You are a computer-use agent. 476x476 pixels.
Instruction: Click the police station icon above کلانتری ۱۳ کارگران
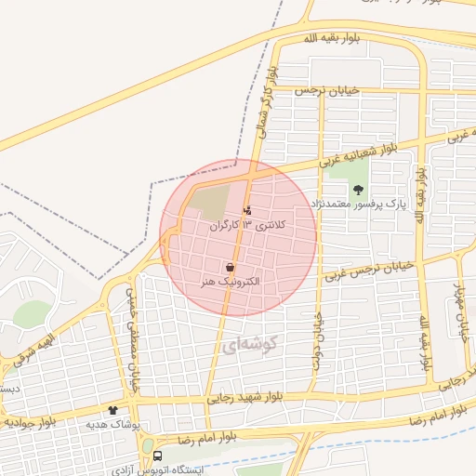(x=246, y=210)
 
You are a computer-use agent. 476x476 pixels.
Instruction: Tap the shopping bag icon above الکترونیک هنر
(x=229, y=268)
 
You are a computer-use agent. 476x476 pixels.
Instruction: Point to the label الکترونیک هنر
(x=229, y=281)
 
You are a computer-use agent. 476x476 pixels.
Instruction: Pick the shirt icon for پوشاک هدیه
(x=113, y=410)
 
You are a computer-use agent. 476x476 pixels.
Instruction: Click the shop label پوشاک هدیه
(x=112, y=424)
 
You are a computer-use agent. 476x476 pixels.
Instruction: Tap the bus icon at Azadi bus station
(x=158, y=456)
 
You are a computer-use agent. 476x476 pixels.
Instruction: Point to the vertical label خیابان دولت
(x=318, y=340)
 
